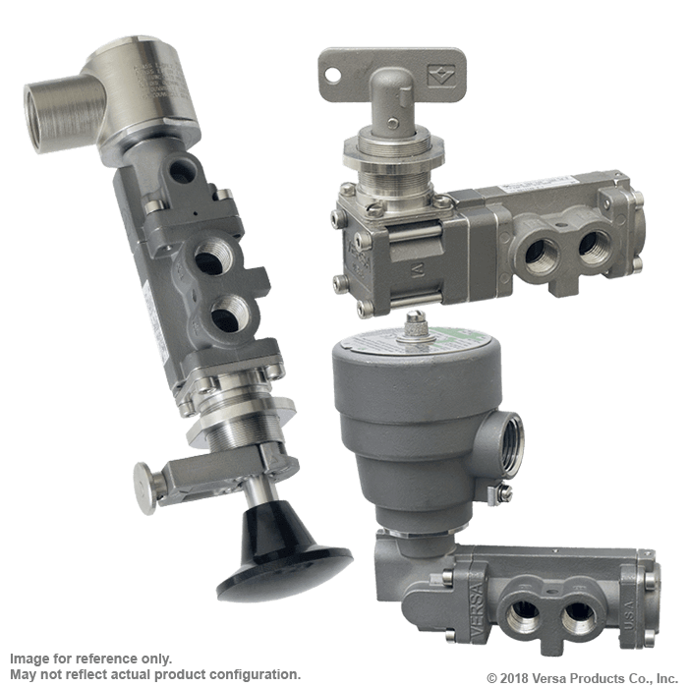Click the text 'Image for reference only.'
tap(89, 658)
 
